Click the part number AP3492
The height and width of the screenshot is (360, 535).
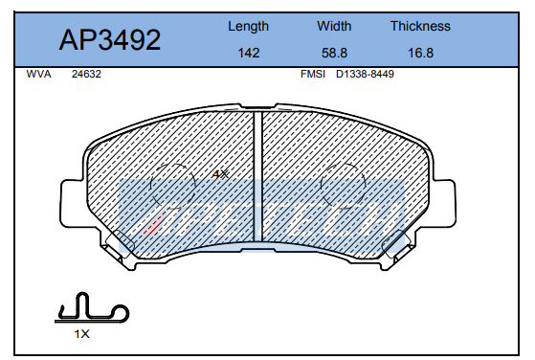tap(110, 40)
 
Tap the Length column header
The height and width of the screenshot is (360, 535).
tap(249, 27)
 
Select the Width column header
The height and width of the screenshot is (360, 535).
tap(334, 26)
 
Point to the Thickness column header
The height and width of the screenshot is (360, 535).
tap(420, 26)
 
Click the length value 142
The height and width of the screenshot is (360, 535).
tap(249, 53)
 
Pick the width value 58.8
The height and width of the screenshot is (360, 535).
tap(334, 53)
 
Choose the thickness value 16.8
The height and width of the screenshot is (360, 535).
tap(421, 53)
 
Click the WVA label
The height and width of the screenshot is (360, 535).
tap(38, 74)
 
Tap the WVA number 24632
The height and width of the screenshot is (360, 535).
tap(86, 74)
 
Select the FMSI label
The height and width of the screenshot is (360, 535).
tap(313, 74)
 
